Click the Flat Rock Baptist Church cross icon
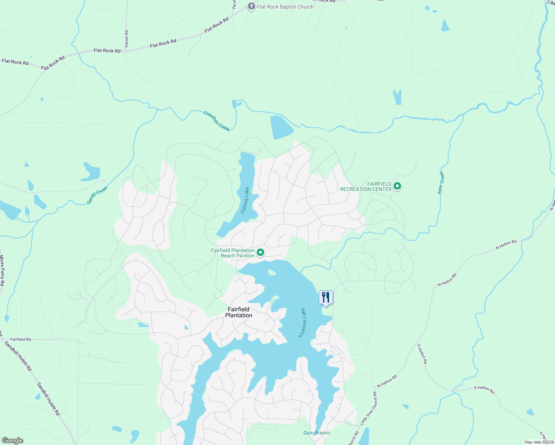tap(251, 6)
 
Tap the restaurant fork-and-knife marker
tap(326, 297)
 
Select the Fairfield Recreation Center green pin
tap(397, 186)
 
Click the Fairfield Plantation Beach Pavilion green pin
tap(260, 253)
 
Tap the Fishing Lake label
tap(245, 200)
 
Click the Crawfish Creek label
tap(217, 121)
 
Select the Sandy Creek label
tap(97, 195)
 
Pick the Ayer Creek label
tap(441, 183)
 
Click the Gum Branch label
tap(316, 433)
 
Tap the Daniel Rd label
tap(127, 39)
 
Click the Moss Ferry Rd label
tap(2, 270)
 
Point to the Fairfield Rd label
tap(21, 339)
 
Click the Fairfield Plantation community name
tap(239, 312)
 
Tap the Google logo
tap(12, 441)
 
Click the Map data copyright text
tap(539, 442)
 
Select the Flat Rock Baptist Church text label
tap(285, 7)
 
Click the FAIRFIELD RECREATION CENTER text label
tap(366, 187)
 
